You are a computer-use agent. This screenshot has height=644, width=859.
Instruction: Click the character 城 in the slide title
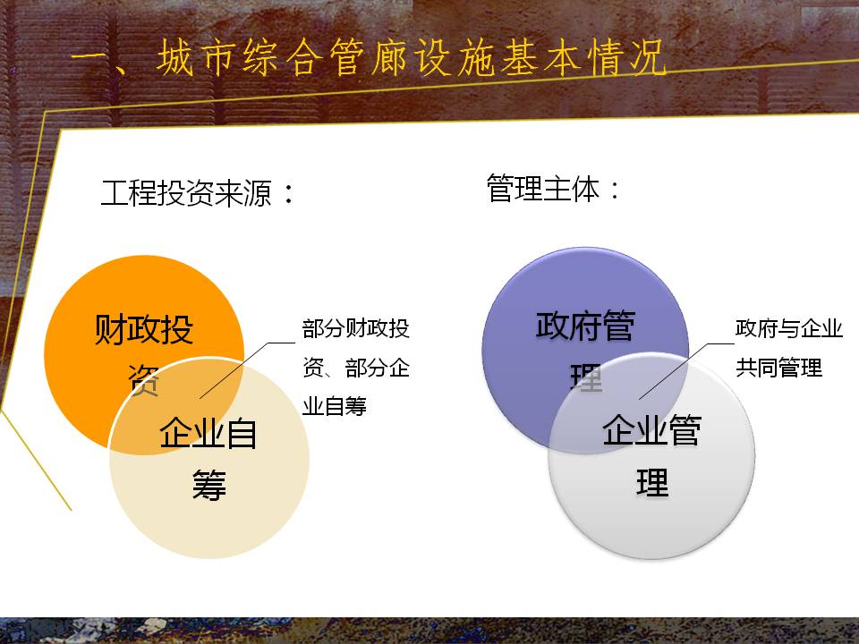176,57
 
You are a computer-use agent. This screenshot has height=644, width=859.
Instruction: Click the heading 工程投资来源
186,193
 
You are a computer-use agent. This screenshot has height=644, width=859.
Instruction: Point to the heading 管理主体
543,189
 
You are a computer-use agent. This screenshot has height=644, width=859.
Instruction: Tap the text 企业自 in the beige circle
208,433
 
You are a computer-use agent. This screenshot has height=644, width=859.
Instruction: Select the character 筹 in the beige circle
208,485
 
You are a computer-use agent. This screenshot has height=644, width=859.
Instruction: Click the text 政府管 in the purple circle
585,326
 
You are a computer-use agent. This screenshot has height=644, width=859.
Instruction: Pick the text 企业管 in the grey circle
652,430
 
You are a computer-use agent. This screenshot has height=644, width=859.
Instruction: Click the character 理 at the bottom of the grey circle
652,482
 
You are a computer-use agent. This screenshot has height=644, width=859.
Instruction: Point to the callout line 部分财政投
356,328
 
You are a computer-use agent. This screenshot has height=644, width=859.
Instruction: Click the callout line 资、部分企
356,368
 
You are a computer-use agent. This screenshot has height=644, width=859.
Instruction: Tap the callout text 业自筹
335,406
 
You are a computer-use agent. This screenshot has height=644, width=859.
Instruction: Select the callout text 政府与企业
789,328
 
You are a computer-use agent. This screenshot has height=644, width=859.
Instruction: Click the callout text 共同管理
778,368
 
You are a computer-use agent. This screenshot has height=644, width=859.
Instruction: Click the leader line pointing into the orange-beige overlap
247,370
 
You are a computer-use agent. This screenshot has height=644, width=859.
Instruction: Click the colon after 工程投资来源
289,194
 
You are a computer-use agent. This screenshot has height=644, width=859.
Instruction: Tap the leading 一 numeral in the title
89,58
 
